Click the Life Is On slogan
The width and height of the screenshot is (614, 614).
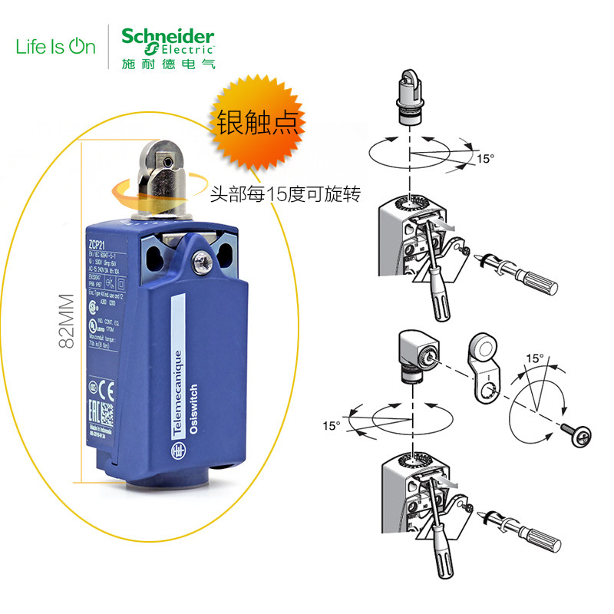click(x=56, y=46)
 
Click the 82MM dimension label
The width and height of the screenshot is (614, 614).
click(x=67, y=320)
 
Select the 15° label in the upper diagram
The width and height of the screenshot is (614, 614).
click(x=486, y=159)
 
